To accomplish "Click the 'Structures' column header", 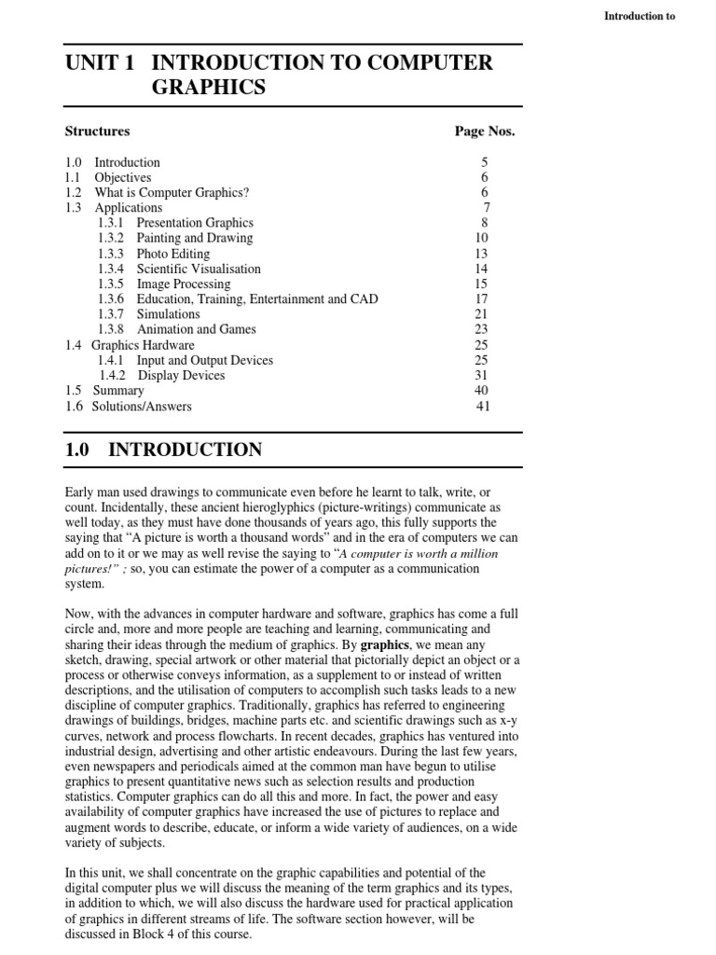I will [97, 131].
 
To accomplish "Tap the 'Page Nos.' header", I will [484, 131].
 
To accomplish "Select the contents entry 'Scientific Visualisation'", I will [199, 269].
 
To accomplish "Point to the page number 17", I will [481, 299].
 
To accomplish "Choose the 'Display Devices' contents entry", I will [182, 376].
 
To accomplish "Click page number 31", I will [481, 376].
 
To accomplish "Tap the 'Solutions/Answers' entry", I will [142, 407].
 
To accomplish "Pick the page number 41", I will [482, 407].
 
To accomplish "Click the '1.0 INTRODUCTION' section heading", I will [164, 450].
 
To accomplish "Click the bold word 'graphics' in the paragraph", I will [385, 644].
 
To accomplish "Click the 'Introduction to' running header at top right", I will [640, 16].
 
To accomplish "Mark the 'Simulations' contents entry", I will [168, 314].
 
